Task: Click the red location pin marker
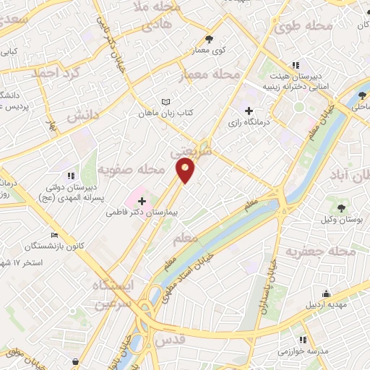click(x=186, y=171)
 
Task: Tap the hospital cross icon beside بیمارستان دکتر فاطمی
click(x=142, y=201)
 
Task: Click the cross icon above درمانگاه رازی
click(x=249, y=111)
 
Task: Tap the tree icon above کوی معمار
click(x=210, y=39)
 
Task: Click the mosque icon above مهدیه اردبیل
click(x=327, y=293)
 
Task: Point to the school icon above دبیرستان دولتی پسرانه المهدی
click(x=70, y=175)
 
